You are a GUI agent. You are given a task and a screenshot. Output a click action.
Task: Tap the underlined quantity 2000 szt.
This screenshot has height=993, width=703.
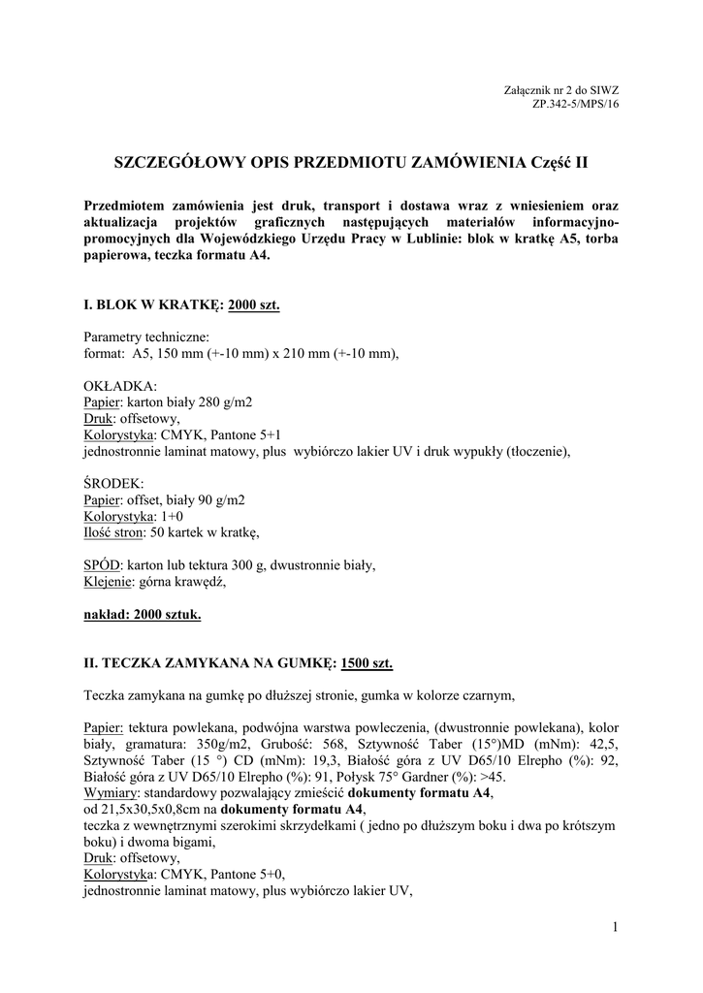[253, 304]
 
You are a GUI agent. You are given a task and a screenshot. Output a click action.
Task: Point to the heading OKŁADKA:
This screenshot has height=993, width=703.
[113, 385]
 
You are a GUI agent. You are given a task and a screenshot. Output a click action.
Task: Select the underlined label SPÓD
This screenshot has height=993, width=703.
[102, 565]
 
